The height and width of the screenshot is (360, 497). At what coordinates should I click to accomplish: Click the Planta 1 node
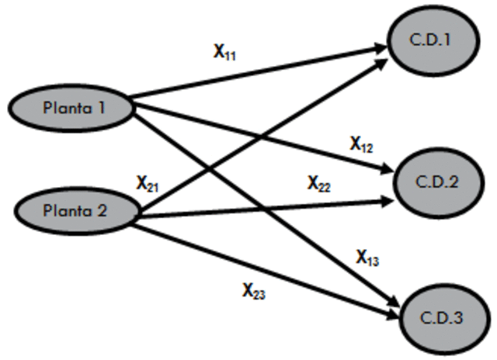[75, 108]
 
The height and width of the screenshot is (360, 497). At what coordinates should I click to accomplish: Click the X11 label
[226, 52]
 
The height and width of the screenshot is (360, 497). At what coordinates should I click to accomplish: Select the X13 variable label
[367, 258]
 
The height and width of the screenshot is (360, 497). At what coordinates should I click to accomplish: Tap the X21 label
[148, 184]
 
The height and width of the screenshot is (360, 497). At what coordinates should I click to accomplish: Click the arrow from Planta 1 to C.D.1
[256, 73]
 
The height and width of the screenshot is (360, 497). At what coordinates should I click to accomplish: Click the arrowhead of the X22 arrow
[387, 202]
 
